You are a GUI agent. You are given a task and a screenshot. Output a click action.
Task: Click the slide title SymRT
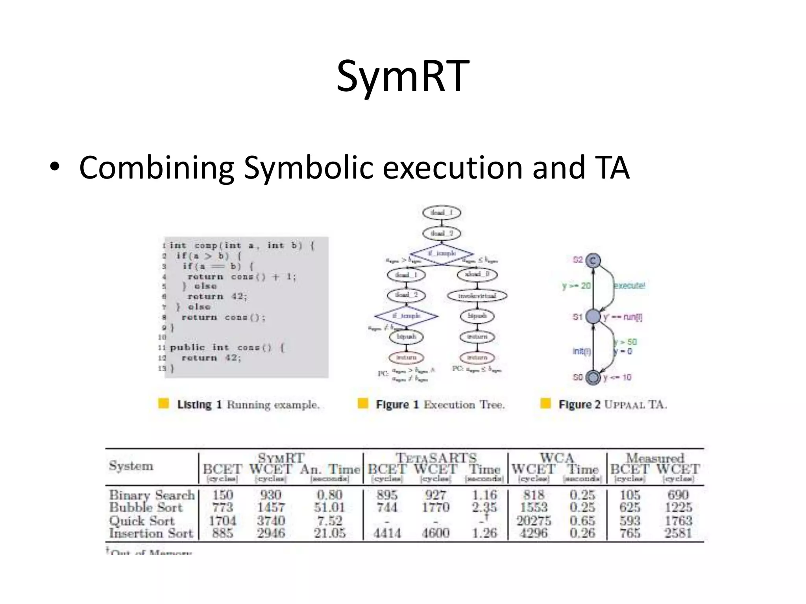[403, 76]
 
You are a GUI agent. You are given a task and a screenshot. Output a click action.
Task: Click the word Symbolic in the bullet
[308, 168]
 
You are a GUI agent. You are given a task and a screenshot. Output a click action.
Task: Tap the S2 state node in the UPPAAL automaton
[593, 261]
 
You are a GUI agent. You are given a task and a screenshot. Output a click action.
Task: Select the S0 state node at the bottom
[593, 377]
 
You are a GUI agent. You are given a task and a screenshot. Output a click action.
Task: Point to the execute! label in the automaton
[629, 285]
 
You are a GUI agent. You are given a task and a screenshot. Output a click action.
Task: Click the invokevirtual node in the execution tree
[477, 295]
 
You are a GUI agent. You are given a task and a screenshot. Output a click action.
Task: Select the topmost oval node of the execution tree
[442, 213]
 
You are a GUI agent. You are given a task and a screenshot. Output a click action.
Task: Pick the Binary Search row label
[152, 495]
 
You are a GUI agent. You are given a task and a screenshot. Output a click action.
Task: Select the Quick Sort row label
[142, 521]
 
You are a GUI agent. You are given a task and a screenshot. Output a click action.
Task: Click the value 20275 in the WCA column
[534, 521]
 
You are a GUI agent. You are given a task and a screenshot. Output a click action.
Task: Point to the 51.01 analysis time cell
[329, 507]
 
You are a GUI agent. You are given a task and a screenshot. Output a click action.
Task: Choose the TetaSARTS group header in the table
[436, 458]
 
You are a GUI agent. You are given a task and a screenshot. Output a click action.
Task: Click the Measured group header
[655, 458]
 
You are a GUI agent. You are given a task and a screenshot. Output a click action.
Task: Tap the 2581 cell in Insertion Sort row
[678, 533]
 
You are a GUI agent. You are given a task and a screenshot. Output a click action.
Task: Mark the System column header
[131, 466]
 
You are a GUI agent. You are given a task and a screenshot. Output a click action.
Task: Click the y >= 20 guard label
[576, 285]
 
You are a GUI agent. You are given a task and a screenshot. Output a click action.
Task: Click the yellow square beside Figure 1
[363, 403]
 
